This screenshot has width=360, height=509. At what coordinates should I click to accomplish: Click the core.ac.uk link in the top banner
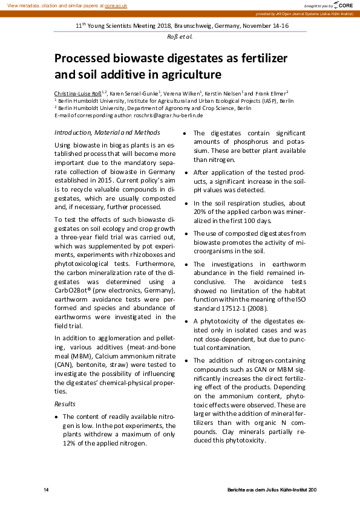(116, 5)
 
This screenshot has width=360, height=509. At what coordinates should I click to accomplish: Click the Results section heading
(65, 403)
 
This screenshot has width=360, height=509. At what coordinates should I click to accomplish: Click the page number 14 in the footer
(46, 488)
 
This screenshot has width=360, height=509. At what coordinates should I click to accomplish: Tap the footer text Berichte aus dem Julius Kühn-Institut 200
(272, 488)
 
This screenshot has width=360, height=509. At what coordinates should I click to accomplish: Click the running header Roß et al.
(180, 36)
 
